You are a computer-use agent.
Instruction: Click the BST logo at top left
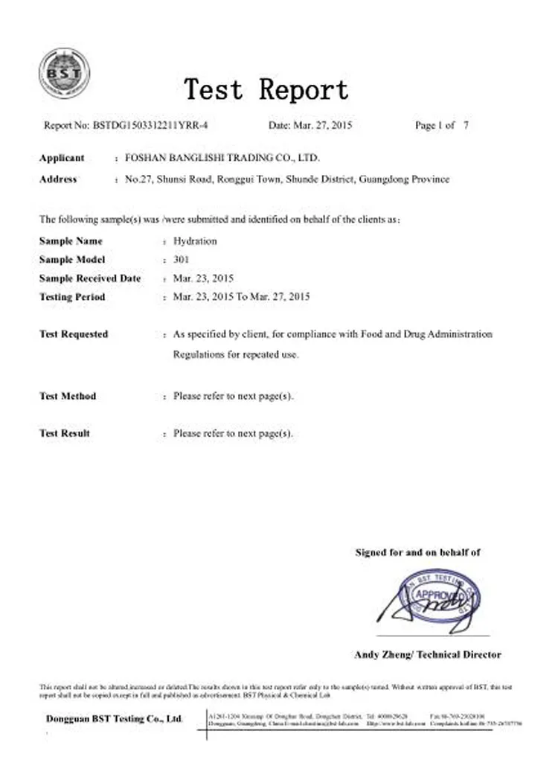tap(64, 73)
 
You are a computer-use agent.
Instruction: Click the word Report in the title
tap(304, 90)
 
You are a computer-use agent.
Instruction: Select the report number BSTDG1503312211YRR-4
tap(150, 126)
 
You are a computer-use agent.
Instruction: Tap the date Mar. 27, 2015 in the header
tap(321, 126)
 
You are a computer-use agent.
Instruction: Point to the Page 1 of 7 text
tap(441, 126)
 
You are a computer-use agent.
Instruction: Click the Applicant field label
tap(62, 158)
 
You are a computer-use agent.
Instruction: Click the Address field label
tap(58, 179)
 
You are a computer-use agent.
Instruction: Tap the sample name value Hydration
tap(195, 241)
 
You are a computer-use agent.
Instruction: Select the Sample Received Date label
tap(89, 278)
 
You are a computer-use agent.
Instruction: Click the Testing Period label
tap(72, 297)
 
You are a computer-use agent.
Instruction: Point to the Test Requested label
tap(73, 334)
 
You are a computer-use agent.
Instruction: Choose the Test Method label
tap(67, 396)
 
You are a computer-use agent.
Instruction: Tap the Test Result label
tap(65, 433)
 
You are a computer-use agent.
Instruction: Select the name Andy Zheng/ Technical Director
tap(427, 655)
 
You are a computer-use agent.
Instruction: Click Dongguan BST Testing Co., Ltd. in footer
tap(114, 719)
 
